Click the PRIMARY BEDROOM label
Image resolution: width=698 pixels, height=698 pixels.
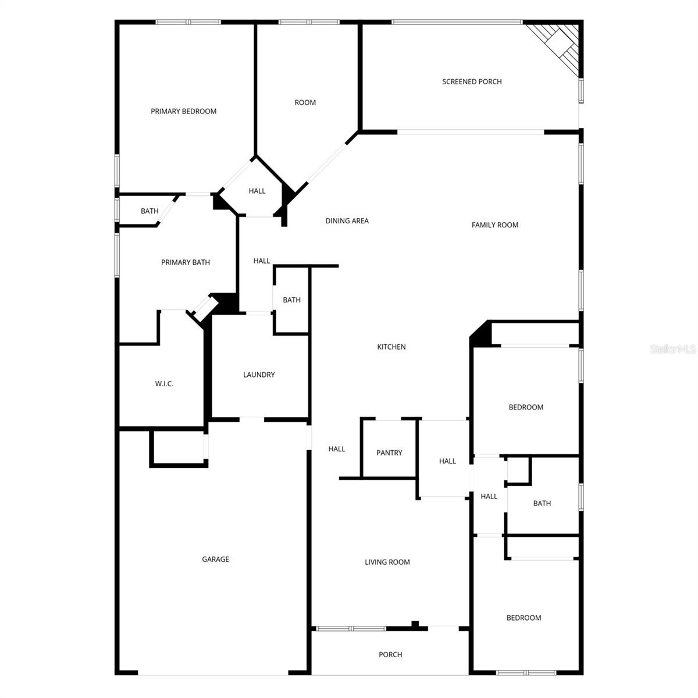[x=183, y=111]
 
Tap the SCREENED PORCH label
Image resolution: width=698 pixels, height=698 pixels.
[x=472, y=81]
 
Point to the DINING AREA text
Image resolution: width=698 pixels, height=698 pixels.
[x=347, y=220]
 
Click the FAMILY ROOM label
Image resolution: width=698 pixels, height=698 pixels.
[x=494, y=225]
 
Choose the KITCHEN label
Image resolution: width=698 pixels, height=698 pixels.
[x=391, y=347]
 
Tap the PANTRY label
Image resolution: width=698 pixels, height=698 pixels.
[x=389, y=453]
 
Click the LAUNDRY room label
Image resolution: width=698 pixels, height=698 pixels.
[x=259, y=375]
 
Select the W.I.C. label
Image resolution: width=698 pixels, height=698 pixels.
[x=164, y=383]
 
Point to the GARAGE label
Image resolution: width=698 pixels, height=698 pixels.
[x=215, y=559]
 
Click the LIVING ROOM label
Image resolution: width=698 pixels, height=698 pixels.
[x=387, y=562]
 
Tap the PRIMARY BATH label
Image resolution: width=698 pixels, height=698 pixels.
[x=185, y=262]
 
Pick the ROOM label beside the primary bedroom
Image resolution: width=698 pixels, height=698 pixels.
[x=305, y=102]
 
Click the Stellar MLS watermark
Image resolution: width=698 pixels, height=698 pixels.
[x=672, y=349]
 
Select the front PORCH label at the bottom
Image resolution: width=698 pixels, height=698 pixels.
[x=390, y=654]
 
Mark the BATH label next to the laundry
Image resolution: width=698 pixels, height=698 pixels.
[x=291, y=300]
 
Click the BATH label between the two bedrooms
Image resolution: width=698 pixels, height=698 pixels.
[x=542, y=503]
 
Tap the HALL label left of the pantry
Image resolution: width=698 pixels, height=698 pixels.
[x=336, y=448]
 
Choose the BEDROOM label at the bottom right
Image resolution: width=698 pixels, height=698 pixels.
[x=523, y=618]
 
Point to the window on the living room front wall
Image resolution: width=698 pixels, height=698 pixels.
[x=350, y=628]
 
